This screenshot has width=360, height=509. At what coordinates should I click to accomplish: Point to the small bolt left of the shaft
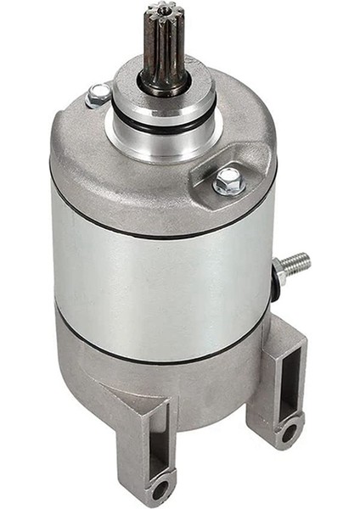(x=98, y=94)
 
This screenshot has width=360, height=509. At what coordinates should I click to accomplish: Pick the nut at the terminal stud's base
(x=278, y=273)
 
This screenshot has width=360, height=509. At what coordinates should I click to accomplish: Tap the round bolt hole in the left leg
(x=158, y=489)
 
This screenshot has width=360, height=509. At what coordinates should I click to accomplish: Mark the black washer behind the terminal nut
(x=273, y=276)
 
